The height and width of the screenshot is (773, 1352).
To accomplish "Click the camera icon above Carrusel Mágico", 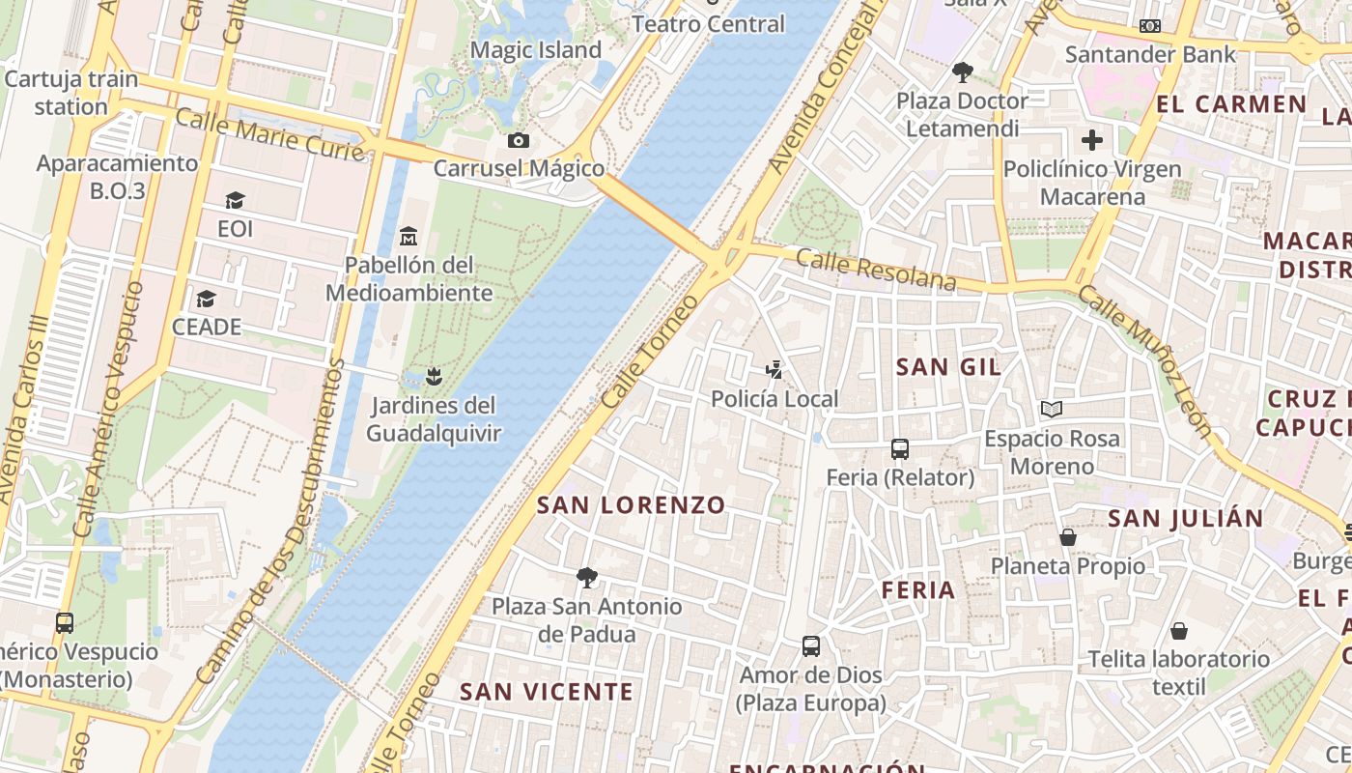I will [519, 141].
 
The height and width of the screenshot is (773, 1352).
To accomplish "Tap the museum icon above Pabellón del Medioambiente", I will [408, 236].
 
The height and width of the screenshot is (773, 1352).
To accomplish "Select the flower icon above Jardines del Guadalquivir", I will [434, 376].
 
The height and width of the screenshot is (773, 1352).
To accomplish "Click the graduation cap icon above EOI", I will [235, 201].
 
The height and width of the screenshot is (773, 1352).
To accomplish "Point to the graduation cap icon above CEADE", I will [206, 299].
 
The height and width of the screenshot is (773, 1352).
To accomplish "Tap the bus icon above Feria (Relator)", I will [900, 448].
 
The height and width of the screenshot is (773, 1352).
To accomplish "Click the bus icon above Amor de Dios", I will [811, 645].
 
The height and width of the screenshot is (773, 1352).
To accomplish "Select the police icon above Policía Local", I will [774, 369].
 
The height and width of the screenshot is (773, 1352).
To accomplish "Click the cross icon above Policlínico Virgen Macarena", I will [1092, 140].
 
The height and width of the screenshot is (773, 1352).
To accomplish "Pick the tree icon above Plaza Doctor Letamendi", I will [962, 72].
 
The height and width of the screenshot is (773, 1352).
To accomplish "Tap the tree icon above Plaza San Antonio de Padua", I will [586, 578].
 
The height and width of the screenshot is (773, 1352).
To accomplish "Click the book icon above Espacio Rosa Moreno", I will [1052, 410].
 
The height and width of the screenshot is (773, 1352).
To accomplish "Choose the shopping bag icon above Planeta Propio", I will [1068, 536].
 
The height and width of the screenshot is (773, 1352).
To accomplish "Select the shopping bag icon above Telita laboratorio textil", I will [1178, 631].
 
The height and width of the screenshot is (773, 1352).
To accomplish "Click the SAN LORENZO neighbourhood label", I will [631, 504].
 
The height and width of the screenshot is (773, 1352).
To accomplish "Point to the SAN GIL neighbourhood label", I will [948, 367].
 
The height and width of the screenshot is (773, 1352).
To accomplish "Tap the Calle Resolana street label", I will [877, 271].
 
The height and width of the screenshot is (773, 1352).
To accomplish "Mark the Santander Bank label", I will [1149, 54].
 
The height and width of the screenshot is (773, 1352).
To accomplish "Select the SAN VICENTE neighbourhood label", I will [547, 692].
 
